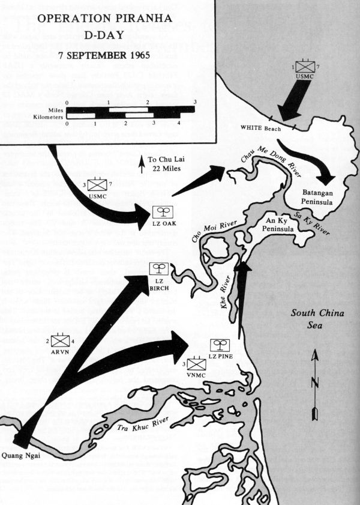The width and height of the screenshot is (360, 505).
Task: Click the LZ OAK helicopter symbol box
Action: click(x=160, y=211)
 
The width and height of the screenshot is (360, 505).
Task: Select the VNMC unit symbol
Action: click(x=196, y=364)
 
